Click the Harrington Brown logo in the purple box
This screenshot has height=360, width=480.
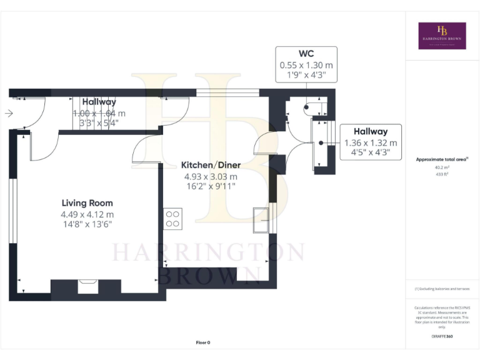[x=442, y=36]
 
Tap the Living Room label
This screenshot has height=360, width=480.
[x=87, y=203]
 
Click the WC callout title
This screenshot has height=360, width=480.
[x=306, y=54]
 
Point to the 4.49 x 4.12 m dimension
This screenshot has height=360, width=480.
[x=87, y=214]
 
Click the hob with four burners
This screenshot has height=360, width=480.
[x=172, y=219]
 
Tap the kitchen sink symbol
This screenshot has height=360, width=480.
[x=261, y=219]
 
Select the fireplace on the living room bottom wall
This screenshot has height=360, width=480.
[x=86, y=287]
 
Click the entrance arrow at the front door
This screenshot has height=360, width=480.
[x=8, y=114]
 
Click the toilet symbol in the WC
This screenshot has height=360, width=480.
[x=310, y=107]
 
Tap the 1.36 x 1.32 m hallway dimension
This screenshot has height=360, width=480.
[x=371, y=142]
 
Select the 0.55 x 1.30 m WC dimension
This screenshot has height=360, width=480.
[x=306, y=64]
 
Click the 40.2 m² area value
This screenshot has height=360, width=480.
[x=442, y=167]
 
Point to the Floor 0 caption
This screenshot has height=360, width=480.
[x=203, y=343]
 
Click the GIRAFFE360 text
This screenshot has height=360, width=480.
[x=442, y=337]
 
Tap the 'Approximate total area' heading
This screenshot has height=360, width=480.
[x=441, y=159]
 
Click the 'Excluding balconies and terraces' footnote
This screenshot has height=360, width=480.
[x=442, y=289]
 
